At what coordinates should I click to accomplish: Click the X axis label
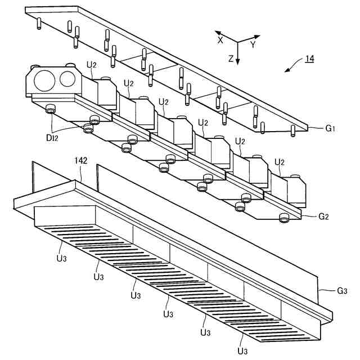(x=221, y=40)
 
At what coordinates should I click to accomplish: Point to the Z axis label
(x=231, y=58)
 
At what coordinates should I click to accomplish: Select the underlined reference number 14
(x=309, y=58)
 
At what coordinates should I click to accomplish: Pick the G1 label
(x=330, y=128)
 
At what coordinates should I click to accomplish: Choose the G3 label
(x=342, y=291)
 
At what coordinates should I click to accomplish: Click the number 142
(x=82, y=160)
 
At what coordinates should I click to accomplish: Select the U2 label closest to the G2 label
(x=279, y=162)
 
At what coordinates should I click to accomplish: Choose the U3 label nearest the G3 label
(x=242, y=350)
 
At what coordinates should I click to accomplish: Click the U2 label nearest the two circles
(x=92, y=65)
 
